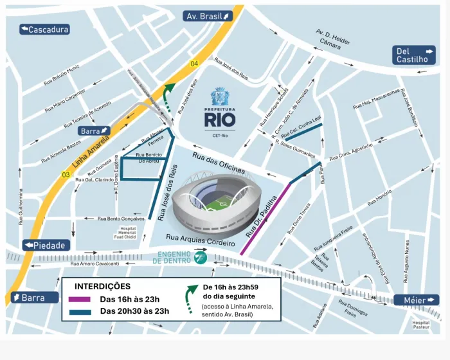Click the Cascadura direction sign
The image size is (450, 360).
click(x=44, y=30)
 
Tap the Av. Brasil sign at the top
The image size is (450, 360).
click(x=208, y=16)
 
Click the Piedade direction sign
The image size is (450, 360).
click(x=45, y=246)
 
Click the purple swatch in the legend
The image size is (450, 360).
click(x=79, y=299)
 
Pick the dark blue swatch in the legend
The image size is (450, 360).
click(x=79, y=312)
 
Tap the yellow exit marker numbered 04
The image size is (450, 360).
click(x=194, y=63)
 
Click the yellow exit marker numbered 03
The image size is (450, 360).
click(x=65, y=174)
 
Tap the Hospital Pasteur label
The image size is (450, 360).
click(x=420, y=325)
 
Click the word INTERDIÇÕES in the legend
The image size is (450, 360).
click(x=103, y=286)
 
